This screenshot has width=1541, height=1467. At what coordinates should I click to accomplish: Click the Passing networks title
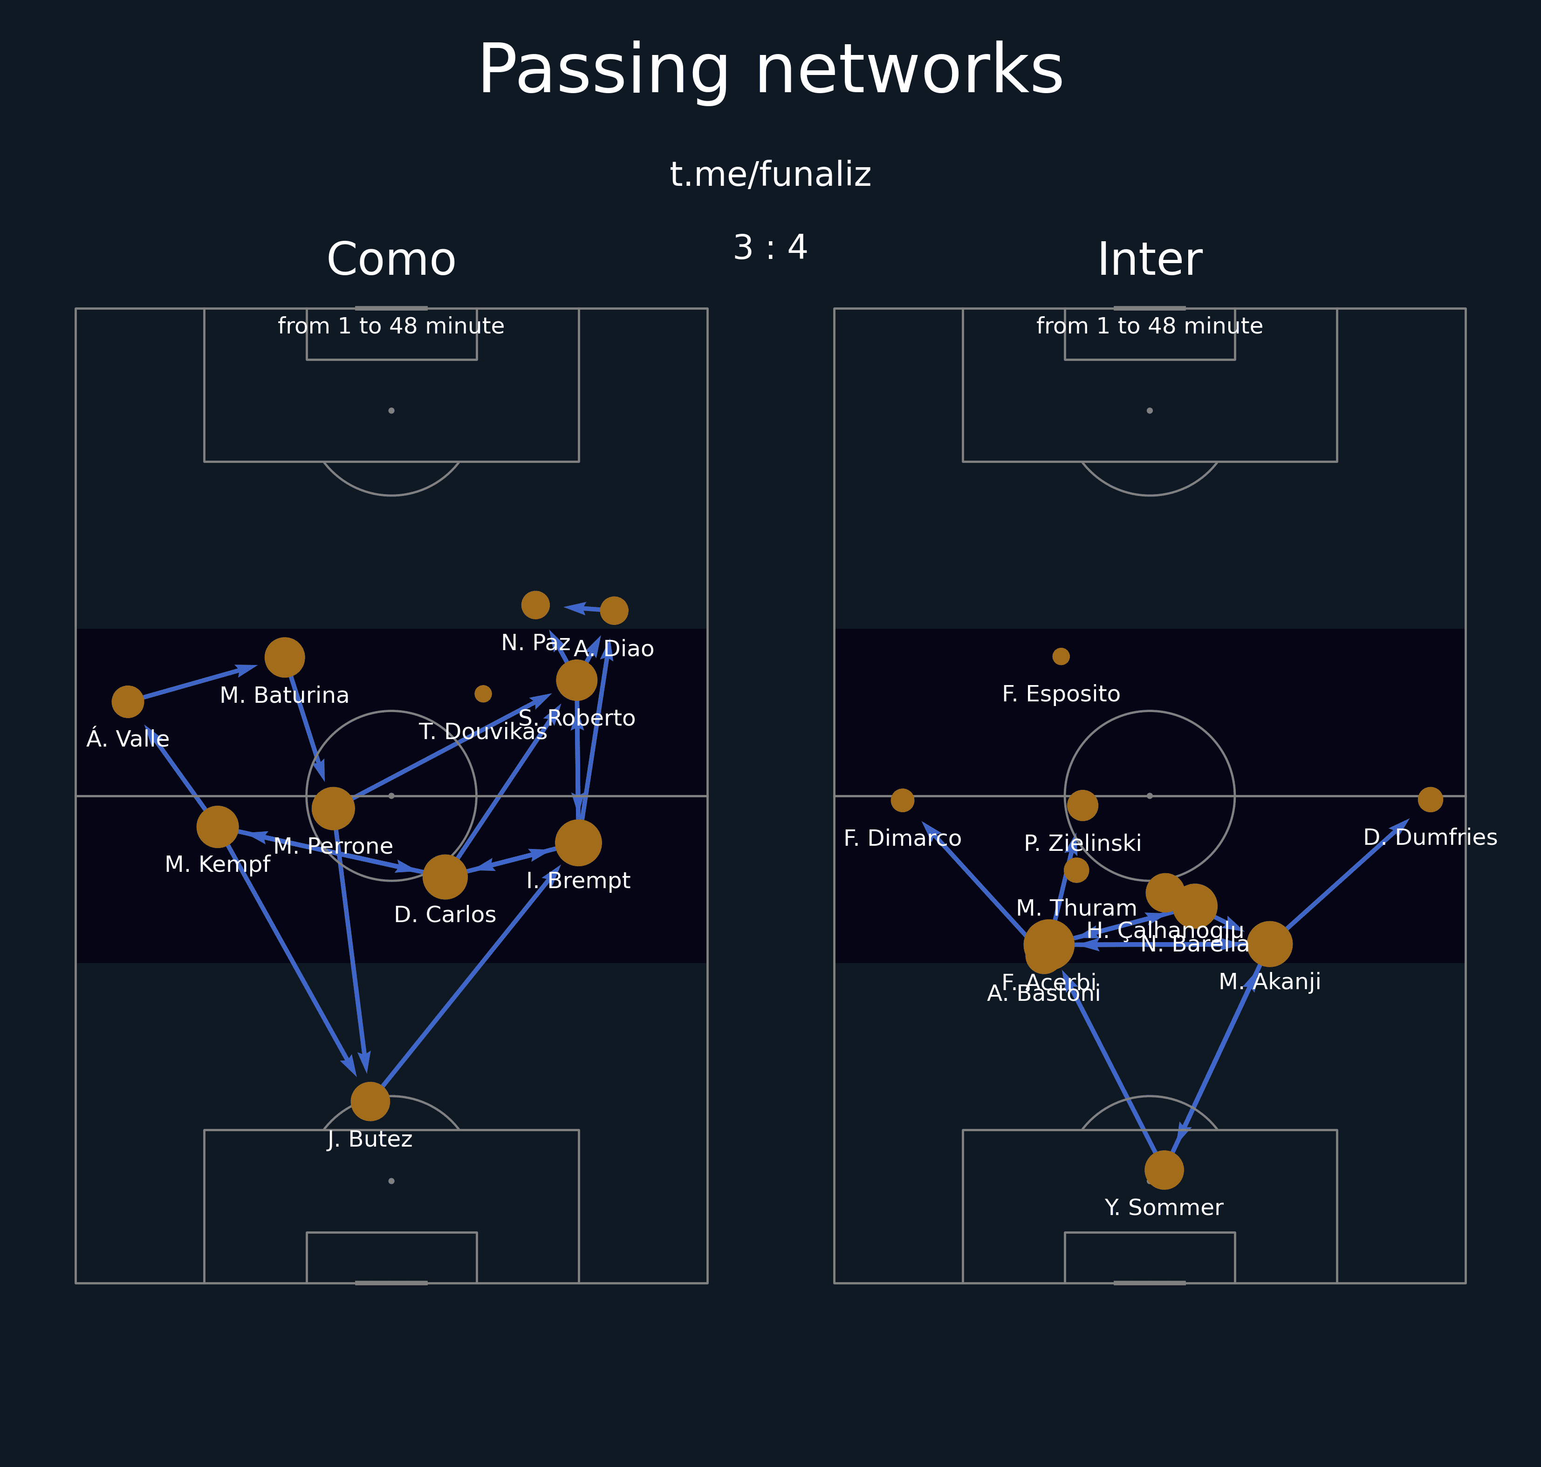tap(771, 70)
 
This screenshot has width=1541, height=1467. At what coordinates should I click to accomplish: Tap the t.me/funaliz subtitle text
tap(771, 174)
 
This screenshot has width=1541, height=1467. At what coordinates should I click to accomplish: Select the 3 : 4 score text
tap(771, 248)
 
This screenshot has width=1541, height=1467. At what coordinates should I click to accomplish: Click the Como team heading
tap(391, 259)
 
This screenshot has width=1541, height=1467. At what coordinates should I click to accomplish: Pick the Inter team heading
tap(1149, 259)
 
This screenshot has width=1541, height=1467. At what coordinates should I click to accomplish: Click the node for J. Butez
tap(370, 1102)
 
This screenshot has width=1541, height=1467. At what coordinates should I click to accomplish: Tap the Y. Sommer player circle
tap(1164, 1170)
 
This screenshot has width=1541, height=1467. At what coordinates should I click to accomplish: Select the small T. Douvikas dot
tap(483, 693)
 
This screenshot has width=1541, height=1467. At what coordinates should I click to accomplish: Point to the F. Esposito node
tap(1061, 656)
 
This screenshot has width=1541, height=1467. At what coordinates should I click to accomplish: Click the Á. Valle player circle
tap(128, 701)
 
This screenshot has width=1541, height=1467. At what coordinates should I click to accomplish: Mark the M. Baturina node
tap(285, 657)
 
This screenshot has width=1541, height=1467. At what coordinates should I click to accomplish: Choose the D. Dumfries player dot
tap(1430, 799)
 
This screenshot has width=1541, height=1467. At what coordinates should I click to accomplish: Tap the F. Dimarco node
tap(903, 800)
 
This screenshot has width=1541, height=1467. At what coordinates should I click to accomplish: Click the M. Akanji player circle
tap(1269, 944)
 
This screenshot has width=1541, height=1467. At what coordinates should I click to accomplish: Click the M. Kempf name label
tap(218, 864)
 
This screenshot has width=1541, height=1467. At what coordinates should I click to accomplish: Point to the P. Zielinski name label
tap(1082, 843)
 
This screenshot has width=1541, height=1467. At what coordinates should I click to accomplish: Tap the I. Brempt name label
tap(578, 881)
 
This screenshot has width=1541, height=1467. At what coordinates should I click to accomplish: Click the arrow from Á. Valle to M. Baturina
tap(196, 683)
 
